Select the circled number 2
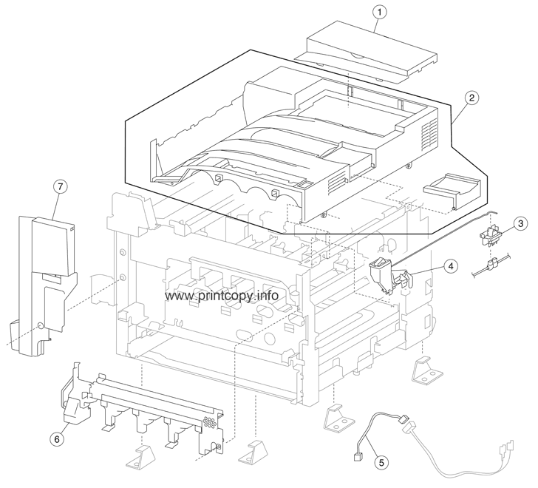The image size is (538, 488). pyautogui.click(x=471, y=98)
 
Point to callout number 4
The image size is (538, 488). pyautogui.click(x=450, y=264)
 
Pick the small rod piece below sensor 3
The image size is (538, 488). pyautogui.click(x=488, y=268)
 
